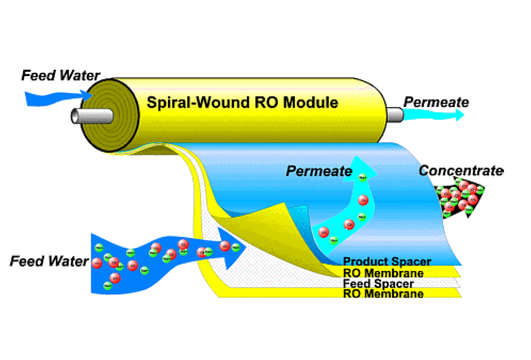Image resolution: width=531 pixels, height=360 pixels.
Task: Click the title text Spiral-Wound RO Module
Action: click(242, 102)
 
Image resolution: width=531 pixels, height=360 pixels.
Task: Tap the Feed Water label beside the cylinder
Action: click(61, 76)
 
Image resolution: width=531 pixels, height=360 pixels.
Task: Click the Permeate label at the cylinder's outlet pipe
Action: click(436, 102)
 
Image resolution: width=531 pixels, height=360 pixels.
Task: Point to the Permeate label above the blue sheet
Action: click(319, 171)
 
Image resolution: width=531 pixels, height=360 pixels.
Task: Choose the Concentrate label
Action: click(461, 171)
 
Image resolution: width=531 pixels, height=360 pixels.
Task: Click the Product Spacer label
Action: click(387, 262)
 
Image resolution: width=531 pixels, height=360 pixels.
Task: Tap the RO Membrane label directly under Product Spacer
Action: click(383, 273)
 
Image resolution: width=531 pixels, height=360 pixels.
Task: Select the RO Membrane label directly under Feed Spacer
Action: click(383, 294)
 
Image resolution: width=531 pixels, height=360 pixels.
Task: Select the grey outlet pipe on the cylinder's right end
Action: click(394, 114)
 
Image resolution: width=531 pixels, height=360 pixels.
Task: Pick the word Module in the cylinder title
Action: click(313, 102)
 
